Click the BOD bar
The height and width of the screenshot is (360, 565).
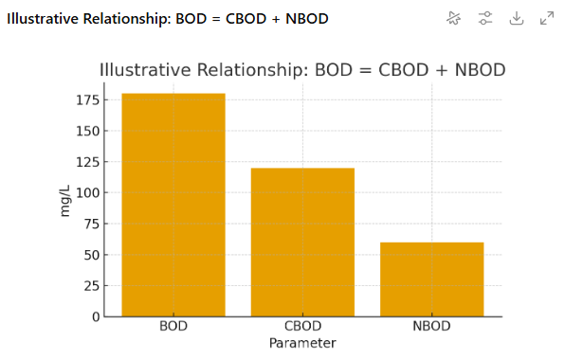click(x=173, y=205)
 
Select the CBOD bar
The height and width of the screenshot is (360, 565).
click(x=302, y=242)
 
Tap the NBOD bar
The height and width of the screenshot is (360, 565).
click(x=432, y=279)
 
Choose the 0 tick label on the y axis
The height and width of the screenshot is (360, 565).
click(x=95, y=316)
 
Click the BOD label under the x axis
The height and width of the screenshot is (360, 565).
click(x=173, y=328)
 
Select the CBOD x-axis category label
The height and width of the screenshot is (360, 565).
click(x=302, y=328)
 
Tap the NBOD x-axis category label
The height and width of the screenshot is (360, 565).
click(x=432, y=328)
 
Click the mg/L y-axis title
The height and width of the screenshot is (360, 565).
click(x=65, y=202)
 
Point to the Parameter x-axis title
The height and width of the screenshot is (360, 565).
click(x=302, y=342)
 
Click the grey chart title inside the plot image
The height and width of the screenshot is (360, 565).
click(x=302, y=70)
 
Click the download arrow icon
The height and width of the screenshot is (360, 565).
click(x=516, y=18)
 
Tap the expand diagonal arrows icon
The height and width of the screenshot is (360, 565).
click(x=547, y=18)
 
